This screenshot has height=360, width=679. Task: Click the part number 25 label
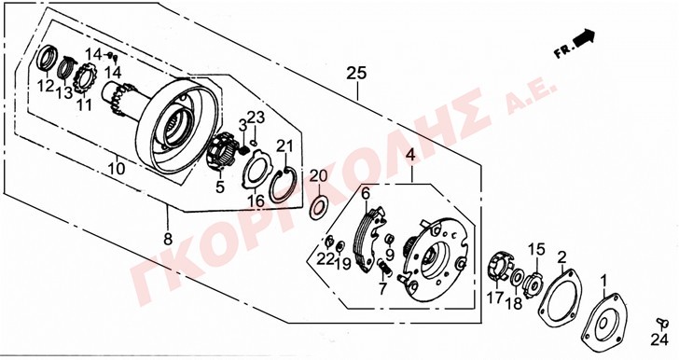coord(356,74)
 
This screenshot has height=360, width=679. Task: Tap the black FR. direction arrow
coord(583,37)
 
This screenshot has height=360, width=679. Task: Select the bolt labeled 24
coord(660,322)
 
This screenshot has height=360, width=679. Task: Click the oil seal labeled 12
coord(48,57)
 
